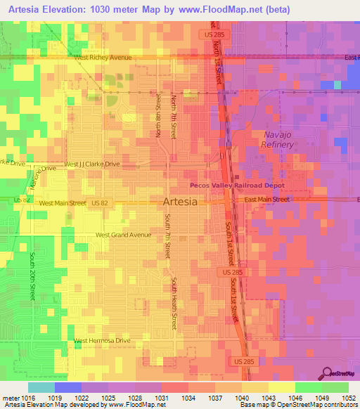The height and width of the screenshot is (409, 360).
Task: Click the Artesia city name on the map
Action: pyautogui.click(x=179, y=201)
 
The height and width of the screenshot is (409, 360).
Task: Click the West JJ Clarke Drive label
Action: pyautogui.click(x=92, y=164)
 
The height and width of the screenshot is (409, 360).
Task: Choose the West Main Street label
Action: pyautogui.click(x=63, y=202)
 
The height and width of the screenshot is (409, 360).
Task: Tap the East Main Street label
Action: pyautogui.click(x=266, y=200)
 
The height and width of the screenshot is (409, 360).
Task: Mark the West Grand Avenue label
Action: pyautogui.click(x=123, y=235)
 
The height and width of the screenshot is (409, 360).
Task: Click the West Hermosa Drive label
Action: pyautogui.click(x=103, y=340)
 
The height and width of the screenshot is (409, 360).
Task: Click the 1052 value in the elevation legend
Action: pyautogui.click(x=349, y=397)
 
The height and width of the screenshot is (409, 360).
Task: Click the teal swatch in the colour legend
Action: pyautogui.click(x=41, y=387)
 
